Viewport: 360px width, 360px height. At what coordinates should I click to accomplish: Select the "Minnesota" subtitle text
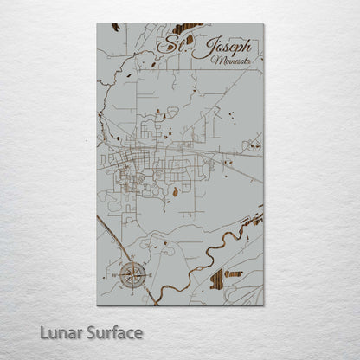[x=230, y=62]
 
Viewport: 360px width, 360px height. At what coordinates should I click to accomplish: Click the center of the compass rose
[x=132, y=275]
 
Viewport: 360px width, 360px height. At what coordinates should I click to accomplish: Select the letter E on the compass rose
[x=150, y=275]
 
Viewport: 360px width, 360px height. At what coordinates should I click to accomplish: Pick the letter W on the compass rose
[x=116, y=275]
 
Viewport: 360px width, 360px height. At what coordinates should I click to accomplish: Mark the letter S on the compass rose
[x=132, y=292]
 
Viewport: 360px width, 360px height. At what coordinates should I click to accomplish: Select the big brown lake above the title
[x=187, y=29]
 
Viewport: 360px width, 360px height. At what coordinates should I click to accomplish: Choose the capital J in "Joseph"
[x=202, y=47]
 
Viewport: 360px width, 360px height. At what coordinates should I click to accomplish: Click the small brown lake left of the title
[x=155, y=63]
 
